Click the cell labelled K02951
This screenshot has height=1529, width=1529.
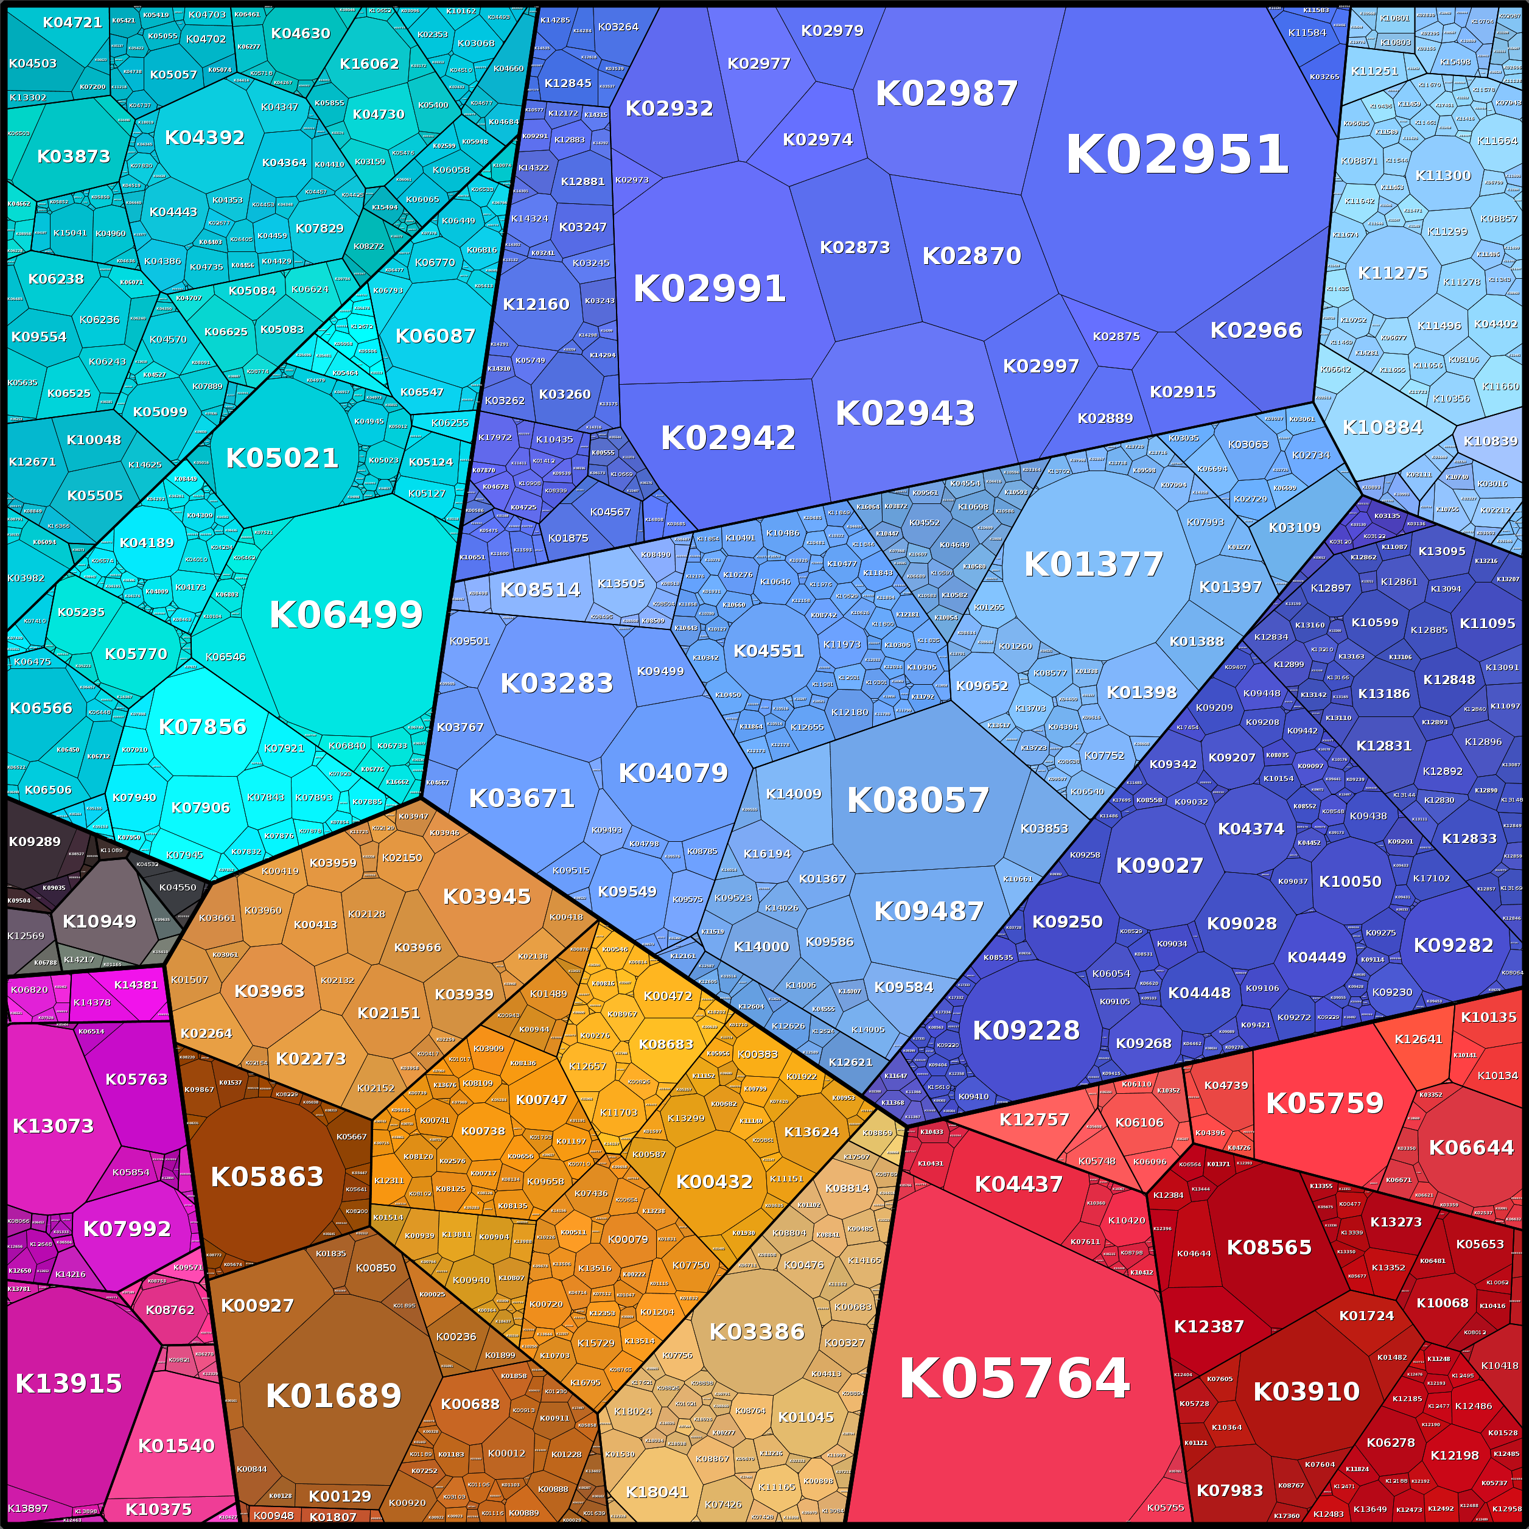(x=1177, y=155)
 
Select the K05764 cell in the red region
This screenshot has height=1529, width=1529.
(x=1014, y=1379)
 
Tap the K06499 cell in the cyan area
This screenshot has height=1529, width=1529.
(x=346, y=615)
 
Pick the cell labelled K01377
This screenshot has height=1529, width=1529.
(x=1094, y=564)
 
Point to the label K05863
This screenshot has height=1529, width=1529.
(x=267, y=1177)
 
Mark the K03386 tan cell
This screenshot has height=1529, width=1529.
(x=757, y=1332)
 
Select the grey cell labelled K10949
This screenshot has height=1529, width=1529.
(x=99, y=921)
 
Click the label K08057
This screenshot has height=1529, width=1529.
(x=918, y=800)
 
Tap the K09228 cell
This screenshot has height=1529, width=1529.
(x=1026, y=1030)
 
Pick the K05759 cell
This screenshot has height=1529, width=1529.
(x=1325, y=1103)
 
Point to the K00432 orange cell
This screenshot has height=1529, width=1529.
(x=714, y=1181)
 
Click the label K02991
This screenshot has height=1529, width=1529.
(x=709, y=289)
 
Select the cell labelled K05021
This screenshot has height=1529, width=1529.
(x=282, y=458)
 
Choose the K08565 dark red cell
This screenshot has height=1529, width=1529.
(x=1268, y=1247)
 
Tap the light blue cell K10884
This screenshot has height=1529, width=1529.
(x=1382, y=427)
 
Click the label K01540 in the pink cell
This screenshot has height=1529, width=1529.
(x=176, y=1446)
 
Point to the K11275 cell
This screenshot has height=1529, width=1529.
(x=1393, y=273)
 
